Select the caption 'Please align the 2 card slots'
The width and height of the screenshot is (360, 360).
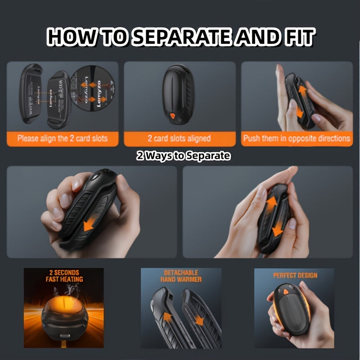pyautogui.click(x=63, y=138)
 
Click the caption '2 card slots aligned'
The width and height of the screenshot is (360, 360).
pyautogui.click(x=179, y=138)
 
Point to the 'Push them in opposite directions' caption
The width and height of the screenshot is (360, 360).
pyautogui.click(x=297, y=138)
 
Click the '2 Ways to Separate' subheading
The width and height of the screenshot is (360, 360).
pyautogui.click(x=183, y=156)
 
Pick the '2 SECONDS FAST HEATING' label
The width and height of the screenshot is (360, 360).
pyautogui.click(x=64, y=276)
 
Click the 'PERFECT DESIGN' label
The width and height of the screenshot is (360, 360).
pyautogui.click(x=295, y=275)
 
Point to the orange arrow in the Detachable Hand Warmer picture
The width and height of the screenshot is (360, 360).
pyautogui.click(x=167, y=317)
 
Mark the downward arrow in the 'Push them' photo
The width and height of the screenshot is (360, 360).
pyautogui.click(x=297, y=111)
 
